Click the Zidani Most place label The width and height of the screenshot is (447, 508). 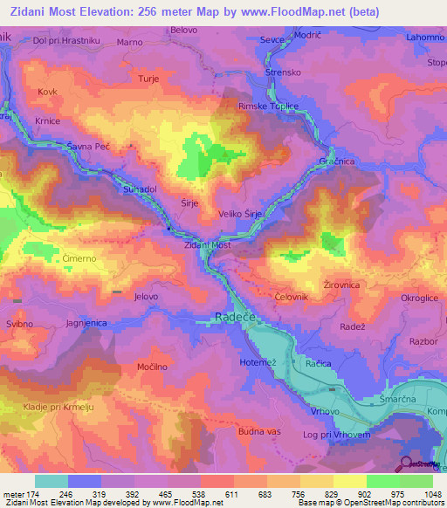206,246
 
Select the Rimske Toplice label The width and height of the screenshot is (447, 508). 269,106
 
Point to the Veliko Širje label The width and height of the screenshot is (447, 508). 241,212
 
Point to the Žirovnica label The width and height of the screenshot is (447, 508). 341,285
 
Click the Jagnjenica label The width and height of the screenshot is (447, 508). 86,323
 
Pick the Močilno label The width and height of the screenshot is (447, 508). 154,367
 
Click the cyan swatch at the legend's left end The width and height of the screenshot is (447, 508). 52,481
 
